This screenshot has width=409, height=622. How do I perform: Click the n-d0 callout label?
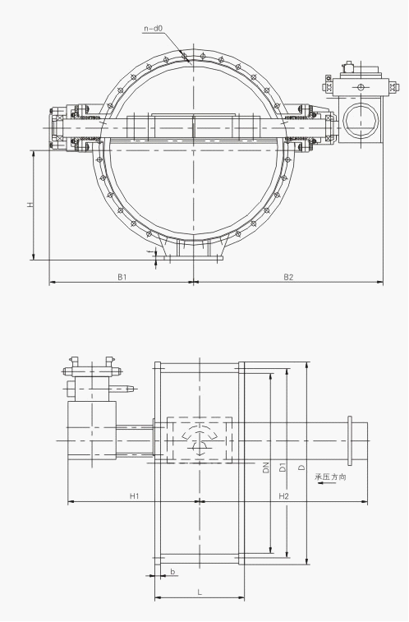click(x=154, y=28)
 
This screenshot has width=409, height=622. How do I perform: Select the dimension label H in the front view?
click(x=30, y=204)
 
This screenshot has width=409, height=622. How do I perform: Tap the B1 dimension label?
click(x=122, y=277)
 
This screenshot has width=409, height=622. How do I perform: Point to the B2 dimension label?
click(x=288, y=277)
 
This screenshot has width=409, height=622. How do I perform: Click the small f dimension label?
click(x=149, y=252)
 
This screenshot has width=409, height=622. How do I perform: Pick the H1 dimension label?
click(x=134, y=495)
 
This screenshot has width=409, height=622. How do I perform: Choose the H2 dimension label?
click(x=283, y=495)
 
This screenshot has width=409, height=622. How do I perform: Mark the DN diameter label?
click(x=266, y=468)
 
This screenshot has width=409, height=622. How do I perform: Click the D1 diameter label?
click(x=283, y=468)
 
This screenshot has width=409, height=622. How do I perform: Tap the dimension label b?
click(x=172, y=570)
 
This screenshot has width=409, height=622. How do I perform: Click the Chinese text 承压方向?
click(x=330, y=476)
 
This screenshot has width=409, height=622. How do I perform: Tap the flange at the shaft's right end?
click(x=351, y=440)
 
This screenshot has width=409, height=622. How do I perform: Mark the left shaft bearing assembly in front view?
click(x=74, y=128)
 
